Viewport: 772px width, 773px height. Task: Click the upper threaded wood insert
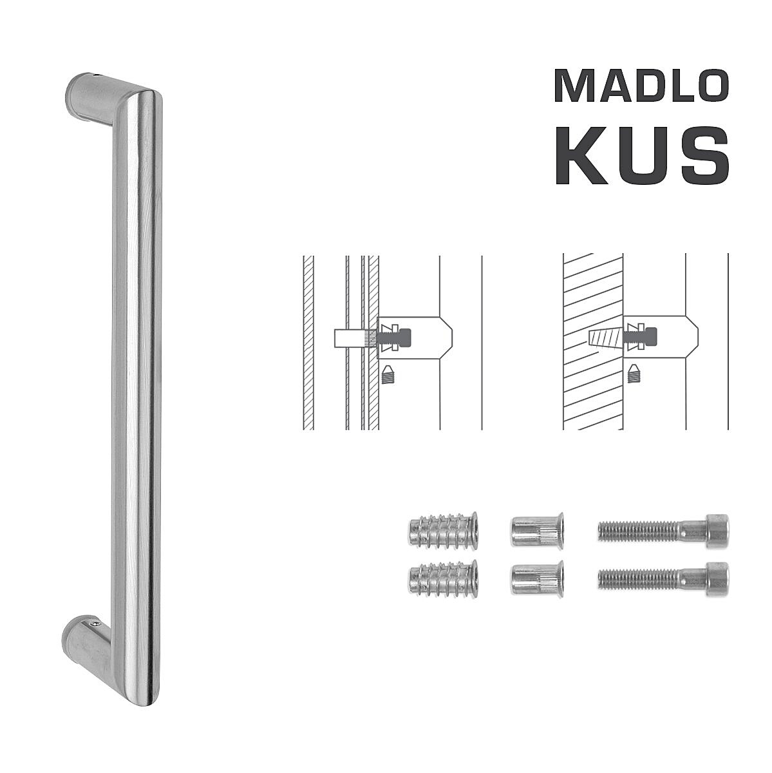[x=443, y=529]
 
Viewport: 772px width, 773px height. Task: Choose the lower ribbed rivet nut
[x=537, y=578]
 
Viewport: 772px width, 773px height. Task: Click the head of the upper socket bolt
[x=717, y=531]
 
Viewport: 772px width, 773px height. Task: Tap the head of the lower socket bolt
[x=717, y=580]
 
